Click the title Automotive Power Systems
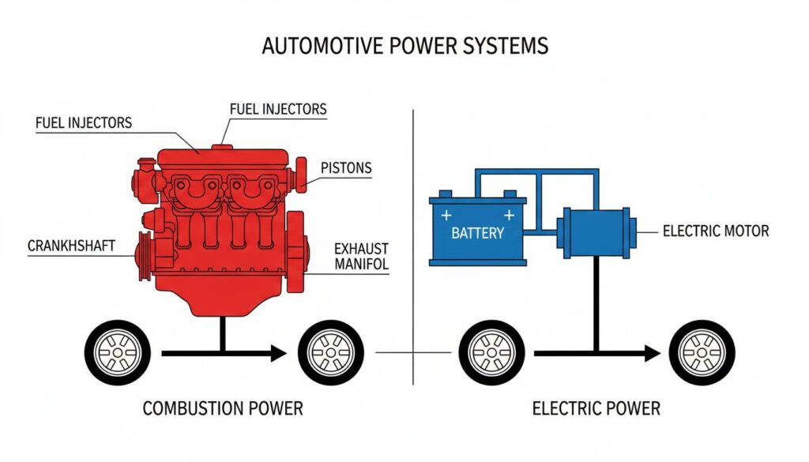coord(404,46)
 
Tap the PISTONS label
coord(346,168)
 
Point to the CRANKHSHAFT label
coord(71,246)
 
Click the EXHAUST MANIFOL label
coord(361,256)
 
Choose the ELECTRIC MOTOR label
coord(716,231)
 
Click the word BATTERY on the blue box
coord(477,234)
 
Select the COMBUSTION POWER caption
coord(222,408)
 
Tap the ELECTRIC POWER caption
coord(596,408)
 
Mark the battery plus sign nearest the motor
coord(509,215)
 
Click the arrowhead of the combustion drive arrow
coord(277,353)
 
